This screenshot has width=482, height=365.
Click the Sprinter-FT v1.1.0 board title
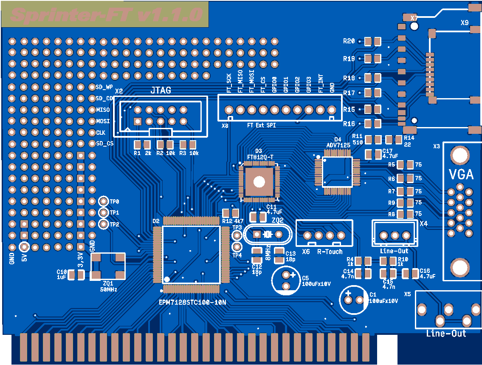[106, 15]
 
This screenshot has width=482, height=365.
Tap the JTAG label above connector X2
[161, 90]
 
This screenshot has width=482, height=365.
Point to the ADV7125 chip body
[337, 172]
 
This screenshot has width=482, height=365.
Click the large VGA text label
[461, 174]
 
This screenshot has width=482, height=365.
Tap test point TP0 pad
[103, 201]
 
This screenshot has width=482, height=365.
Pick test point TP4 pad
[237, 246]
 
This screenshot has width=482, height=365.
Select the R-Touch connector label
[330, 252]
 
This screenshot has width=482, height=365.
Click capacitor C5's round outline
[287, 280]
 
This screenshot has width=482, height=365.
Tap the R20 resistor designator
[349, 41]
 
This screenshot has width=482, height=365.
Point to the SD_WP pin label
[104, 87]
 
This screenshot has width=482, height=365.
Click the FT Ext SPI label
[261, 125]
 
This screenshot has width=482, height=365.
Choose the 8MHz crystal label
[268, 252]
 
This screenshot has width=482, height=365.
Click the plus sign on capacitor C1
[348, 294]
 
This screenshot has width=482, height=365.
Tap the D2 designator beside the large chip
[156, 221]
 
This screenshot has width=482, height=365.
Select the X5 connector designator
[407, 294]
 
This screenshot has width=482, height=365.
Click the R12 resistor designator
[227, 221]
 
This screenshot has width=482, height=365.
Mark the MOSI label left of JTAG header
[103, 121]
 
